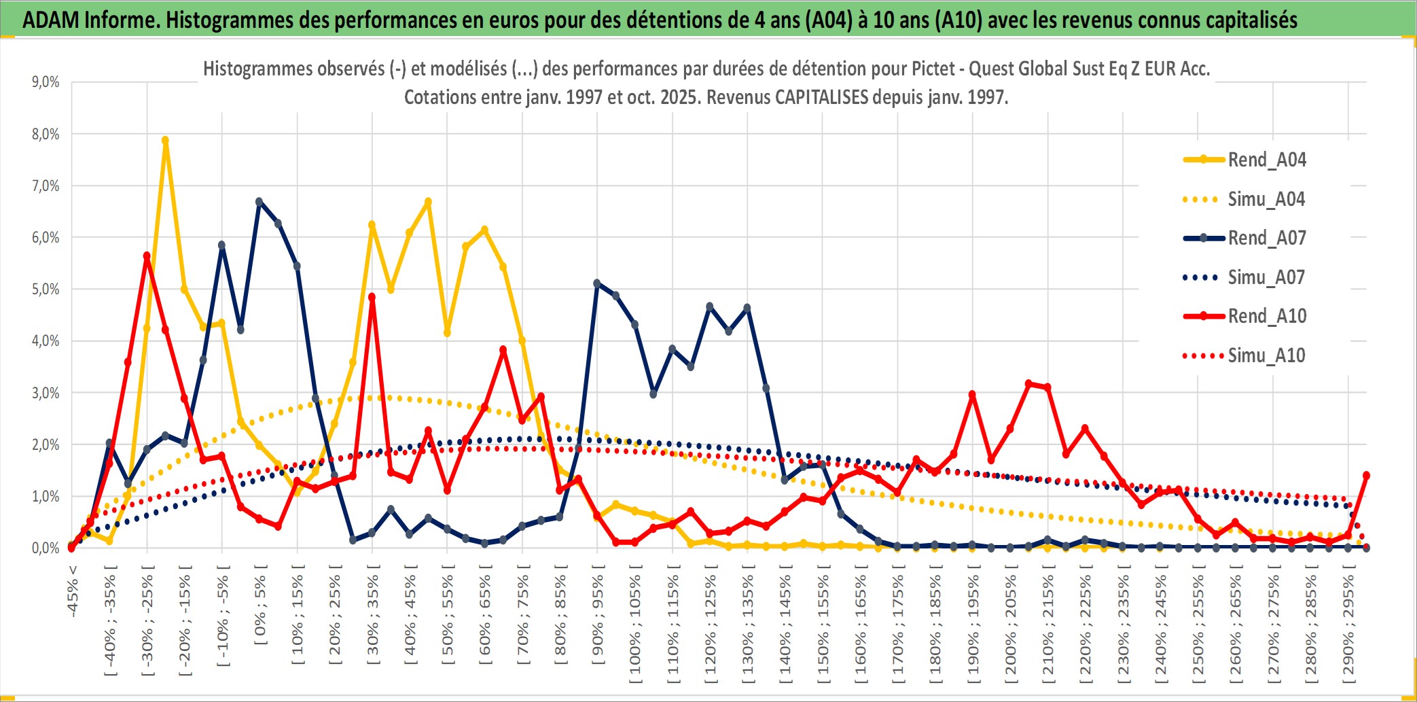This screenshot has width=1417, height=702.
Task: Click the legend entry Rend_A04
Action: click(x=1266, y=160)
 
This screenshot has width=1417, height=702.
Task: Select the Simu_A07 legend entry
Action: click(x=1266, y=277)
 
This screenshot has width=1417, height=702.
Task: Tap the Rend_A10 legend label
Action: click(x=1267, y=316)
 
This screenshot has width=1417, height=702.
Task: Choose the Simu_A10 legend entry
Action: click(x=1266, y=355)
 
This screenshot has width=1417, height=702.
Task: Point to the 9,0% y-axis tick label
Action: click(x=46, y=82)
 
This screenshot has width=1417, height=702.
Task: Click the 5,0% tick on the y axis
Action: click(x=46, y=289)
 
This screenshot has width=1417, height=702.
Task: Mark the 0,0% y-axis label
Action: click(x=46, y=548)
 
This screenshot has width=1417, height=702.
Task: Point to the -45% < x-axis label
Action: click(x=73, y=591)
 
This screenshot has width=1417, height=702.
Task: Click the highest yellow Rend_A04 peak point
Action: click(x=165, y=141)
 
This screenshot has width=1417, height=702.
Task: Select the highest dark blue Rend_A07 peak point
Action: click(x=259, y=202)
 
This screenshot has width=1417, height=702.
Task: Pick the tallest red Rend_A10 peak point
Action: click(x=147, y=256)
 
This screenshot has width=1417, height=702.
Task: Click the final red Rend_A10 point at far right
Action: click(x=1366, y=476)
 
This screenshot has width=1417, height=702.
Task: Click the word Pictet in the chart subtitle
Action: click(x=933, y=69)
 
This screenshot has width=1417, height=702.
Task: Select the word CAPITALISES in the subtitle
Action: click(x=821, y=97)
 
